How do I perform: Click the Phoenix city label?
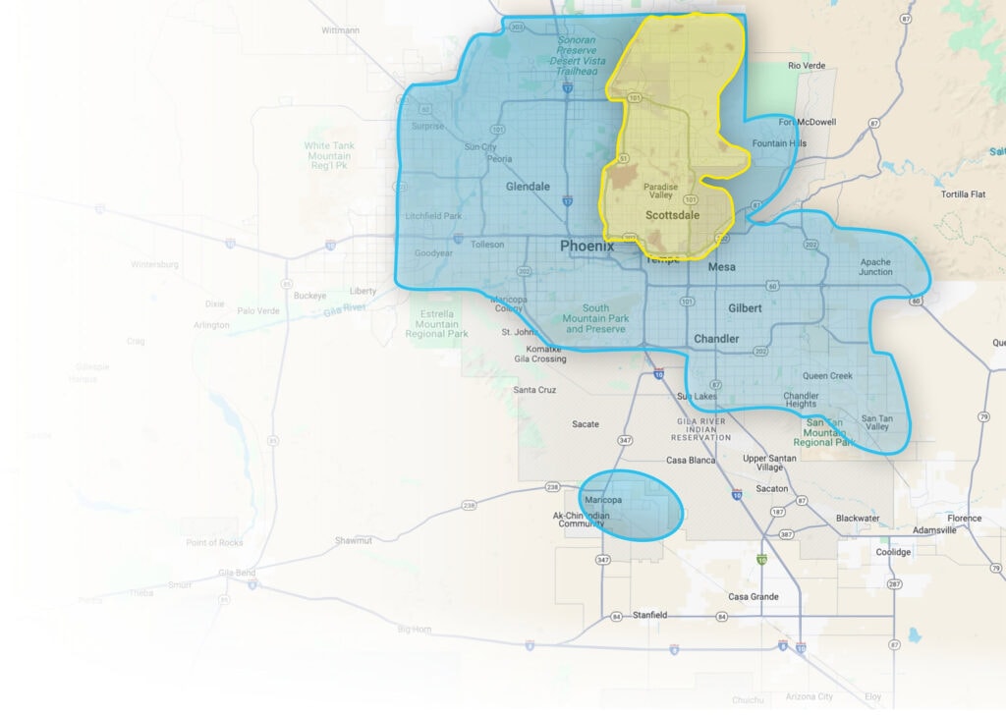tap(587, 246)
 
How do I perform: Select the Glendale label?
tap(528, 187)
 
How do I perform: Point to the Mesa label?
tap(721, 266)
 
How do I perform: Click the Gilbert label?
tap(745, 308)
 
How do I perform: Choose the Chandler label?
tap(716, 339)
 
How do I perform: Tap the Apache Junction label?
tap(875, 267)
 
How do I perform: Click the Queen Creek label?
tap(827, 376)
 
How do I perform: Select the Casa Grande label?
tap(754, 596)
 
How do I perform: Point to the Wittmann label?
tap(340, 30)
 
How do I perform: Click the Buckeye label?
tap(309, 295)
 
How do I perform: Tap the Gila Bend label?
tap(237, 572)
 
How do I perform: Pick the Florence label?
tap(964, 518)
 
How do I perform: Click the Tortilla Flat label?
tap(963, 193)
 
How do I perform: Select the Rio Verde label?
tap(807, 66)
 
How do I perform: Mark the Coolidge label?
tap(893, 552)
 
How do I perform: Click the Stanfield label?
tap(649, 615)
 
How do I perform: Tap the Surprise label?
tap(426, 126)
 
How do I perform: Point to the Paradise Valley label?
tap(660, 191)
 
